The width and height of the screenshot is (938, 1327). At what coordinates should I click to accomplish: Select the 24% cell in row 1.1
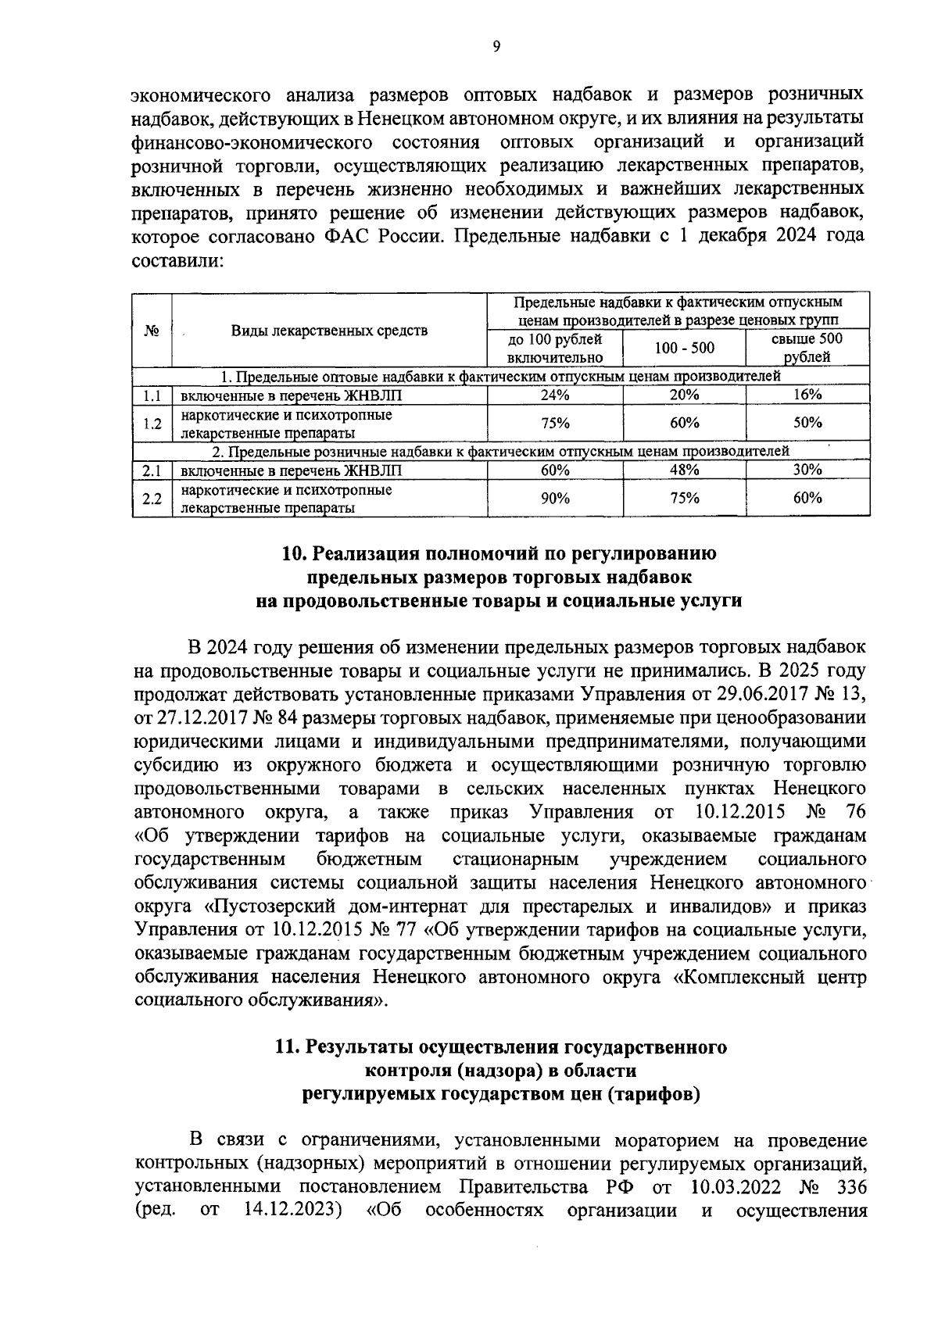point(555,395)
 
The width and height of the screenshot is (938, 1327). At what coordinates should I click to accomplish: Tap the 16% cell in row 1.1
point(807,395)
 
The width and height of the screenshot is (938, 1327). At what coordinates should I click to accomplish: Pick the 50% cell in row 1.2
point(807,423)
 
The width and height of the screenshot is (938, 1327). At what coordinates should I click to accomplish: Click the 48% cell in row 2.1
point(684,470)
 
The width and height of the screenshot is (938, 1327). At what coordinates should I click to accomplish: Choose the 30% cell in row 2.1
point(807,470)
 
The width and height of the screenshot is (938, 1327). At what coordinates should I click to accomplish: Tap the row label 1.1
point(152,395)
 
